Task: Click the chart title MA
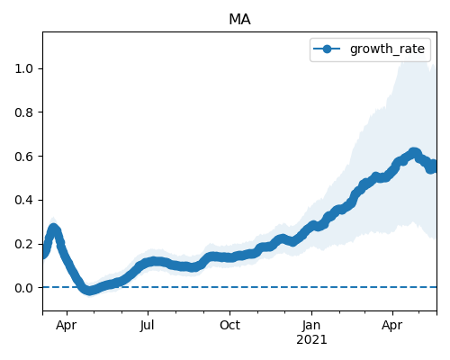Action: coord(239,20)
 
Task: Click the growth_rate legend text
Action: coord(387,49)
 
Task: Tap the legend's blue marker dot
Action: coord(327,49)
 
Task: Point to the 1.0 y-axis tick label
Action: coord(23,68)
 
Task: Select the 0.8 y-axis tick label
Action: coord(23,112)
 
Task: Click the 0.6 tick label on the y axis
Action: coord(23,157)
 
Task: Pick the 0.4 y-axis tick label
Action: coord(23,200)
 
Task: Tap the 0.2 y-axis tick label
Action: coord(23,244)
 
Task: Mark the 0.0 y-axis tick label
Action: coord(23,288)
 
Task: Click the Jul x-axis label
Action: coord(148,325)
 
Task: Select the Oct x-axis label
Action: coord(229,325)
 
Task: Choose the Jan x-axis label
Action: coord(311,325)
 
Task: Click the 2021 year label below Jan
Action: coord(311,340)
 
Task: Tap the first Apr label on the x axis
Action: coord(67,326)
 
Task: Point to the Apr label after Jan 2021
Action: coord(392,326)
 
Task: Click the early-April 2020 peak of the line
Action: coord(54,229)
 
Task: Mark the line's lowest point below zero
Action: coord(89,290)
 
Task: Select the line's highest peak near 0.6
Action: coord(414,153)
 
